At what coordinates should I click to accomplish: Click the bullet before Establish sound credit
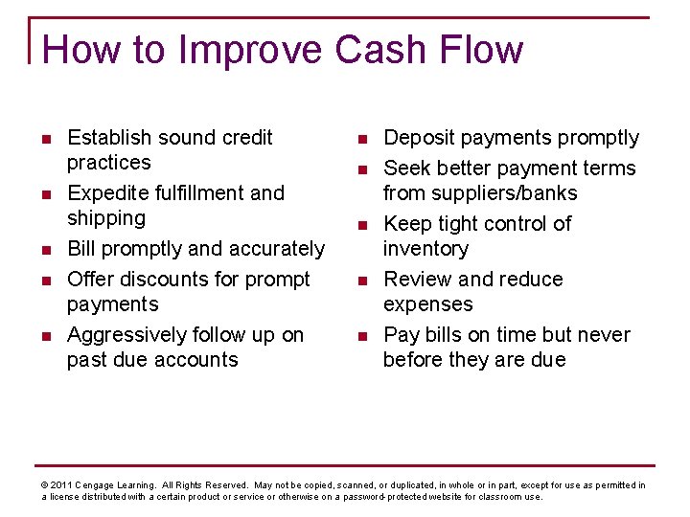point(46,139)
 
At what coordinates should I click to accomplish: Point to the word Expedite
point(108,193)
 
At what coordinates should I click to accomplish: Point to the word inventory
point(425,249)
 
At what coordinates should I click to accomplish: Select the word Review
point(418,280)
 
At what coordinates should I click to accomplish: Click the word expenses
point(427,304)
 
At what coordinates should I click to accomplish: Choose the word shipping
point(105,218)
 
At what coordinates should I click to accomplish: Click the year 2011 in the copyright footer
point(60,485)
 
